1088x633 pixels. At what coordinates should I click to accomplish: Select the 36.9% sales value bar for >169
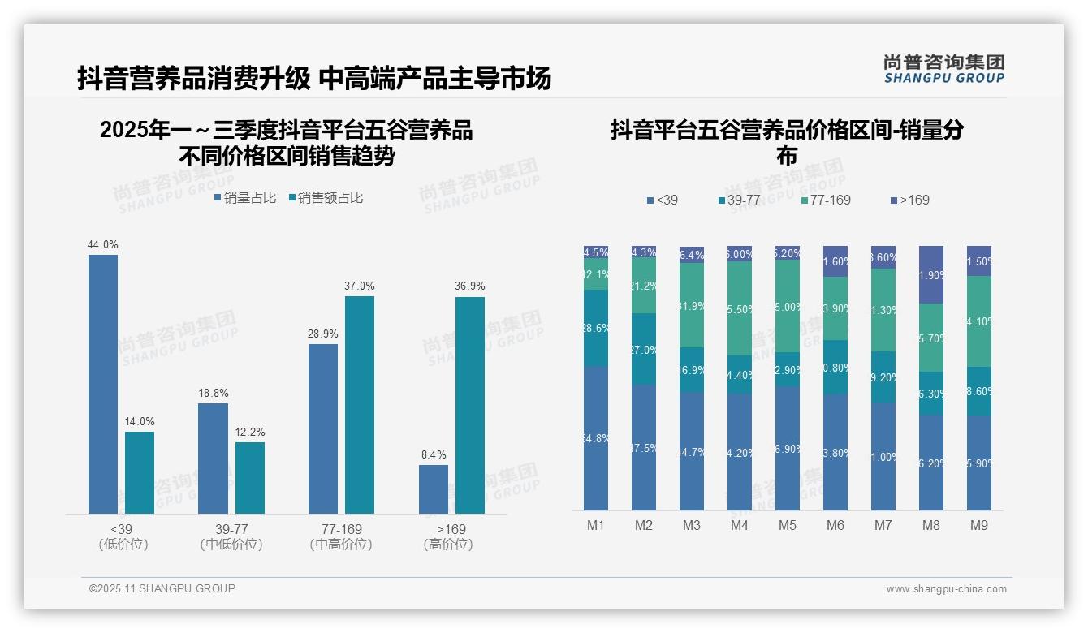(469, 405)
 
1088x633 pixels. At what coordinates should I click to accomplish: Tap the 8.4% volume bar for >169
(434, 489)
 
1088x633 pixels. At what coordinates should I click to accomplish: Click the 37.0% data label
(359, 286)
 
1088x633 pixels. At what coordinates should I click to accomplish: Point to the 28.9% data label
(323, 334)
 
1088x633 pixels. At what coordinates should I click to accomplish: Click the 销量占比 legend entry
(245, 198)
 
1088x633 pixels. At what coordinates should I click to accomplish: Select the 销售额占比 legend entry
(326, 198)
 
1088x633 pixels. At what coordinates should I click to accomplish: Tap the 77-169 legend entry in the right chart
(826, 200)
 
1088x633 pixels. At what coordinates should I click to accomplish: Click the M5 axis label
(788, 525)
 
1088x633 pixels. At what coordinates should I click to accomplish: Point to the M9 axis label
(979, 525)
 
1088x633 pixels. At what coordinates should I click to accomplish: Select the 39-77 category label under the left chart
(231, 529)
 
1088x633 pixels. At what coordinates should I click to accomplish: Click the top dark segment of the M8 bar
(931, 274)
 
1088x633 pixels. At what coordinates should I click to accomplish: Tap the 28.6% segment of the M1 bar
(596, 328)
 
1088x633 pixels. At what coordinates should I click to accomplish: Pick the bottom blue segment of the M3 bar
(692, 451)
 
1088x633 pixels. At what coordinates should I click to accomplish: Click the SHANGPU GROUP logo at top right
(943, 68)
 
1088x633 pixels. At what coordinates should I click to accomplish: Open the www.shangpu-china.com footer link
(946, 589)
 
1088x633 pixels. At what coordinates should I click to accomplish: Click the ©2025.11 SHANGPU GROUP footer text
(162, 588)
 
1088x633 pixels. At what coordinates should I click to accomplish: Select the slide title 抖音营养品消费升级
(193, 78)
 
